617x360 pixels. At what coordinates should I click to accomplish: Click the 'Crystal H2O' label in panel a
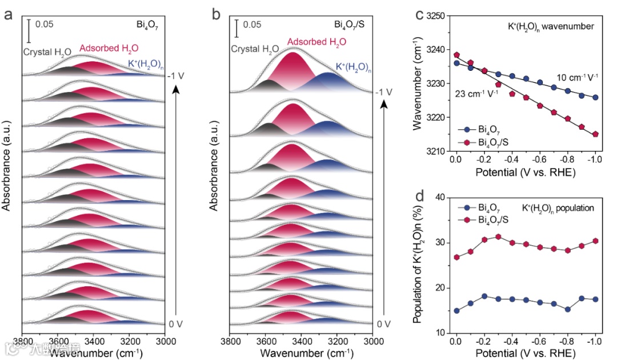[47, 52]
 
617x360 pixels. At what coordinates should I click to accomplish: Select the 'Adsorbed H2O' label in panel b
[316, 42]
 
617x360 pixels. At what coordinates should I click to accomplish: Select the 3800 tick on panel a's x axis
[22, 341]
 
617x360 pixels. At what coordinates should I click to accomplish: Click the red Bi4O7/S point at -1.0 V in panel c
[595, 134]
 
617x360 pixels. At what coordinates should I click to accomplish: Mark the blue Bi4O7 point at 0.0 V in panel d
[456, 310]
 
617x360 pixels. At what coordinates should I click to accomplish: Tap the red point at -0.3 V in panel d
[498, 237]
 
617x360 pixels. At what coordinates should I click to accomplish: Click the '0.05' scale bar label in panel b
[252, 25]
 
